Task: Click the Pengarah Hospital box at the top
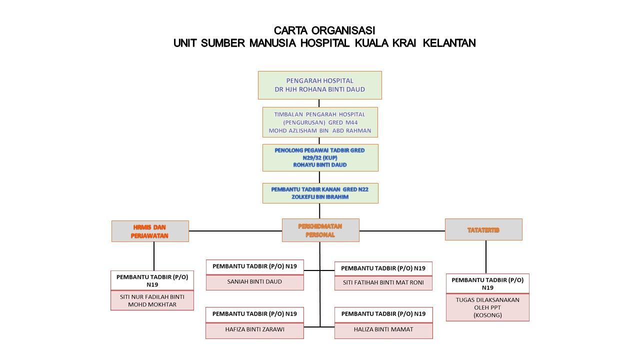point(320,85)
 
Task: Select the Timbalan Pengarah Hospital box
point(320,122)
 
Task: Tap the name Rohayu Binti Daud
point(320,164)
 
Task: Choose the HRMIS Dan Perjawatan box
point(150,231)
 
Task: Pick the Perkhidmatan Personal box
point(320,230)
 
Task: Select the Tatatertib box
point(483,229)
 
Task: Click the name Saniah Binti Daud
point(254,281)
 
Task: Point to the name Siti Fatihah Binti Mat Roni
point(383,282)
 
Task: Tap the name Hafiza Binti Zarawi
point(254,330)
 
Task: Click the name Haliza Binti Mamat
point(383,330)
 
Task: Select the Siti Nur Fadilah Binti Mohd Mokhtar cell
point(152,300)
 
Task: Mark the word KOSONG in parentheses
point(487,315)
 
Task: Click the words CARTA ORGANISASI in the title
point(324,30)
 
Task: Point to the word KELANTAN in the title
point(449,43)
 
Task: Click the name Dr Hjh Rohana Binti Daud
point(320,89)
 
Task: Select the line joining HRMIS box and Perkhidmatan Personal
point(235,231)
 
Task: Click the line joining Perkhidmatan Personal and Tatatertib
point(402,231)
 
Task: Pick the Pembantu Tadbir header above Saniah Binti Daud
point(254,266)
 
